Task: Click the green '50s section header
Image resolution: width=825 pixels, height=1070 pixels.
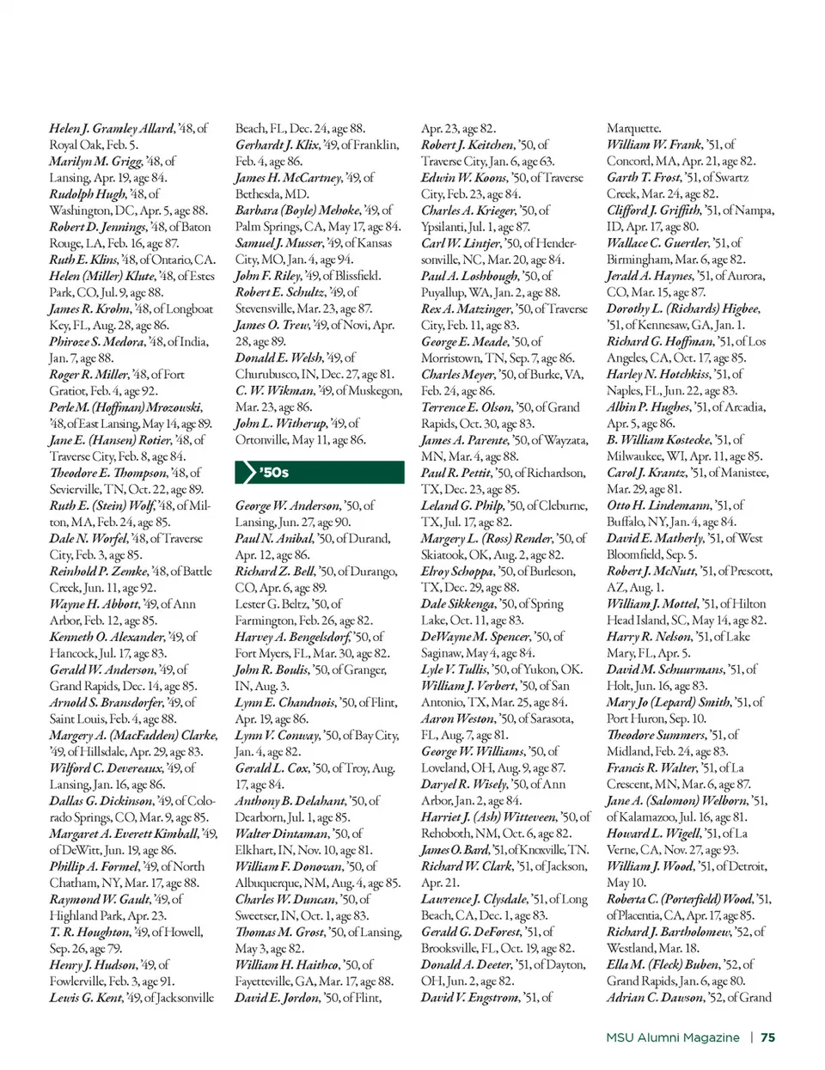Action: coord(319,472)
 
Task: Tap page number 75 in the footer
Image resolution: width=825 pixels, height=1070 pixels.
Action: coord(767,1037)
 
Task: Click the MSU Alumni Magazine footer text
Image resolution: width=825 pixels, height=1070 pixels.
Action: coord(672,1037)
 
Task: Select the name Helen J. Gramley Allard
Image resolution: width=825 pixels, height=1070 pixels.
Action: coord(112,128)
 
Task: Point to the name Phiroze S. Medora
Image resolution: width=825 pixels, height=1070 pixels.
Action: coord(97,341)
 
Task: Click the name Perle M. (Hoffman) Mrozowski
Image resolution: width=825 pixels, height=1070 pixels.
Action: coord(125,407)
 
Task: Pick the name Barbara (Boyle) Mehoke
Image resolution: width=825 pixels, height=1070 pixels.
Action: coord(296,210)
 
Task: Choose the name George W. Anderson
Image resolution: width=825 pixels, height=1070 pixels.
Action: coord(287,505)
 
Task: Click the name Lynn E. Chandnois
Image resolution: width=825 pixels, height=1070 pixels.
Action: coord(284,702)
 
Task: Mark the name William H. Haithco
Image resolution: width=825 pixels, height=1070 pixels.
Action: coord(286,964)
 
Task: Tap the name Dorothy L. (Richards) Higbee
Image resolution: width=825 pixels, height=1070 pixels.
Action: coord(683,309)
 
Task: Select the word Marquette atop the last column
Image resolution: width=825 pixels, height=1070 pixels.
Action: coord(634,128)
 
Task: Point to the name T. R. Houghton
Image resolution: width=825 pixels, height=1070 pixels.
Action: coord(88,932)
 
